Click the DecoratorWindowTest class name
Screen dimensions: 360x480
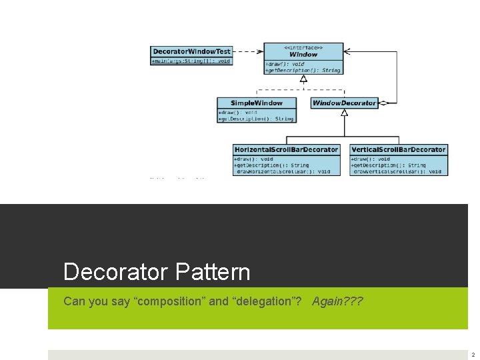191,51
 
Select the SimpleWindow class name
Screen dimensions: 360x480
257,103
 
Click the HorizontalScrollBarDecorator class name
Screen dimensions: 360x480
286,149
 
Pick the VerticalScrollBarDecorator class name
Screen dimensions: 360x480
399,149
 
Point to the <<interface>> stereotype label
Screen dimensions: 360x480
303,47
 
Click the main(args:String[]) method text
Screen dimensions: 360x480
191,61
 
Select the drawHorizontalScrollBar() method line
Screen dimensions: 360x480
283,171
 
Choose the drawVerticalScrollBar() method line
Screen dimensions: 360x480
397,171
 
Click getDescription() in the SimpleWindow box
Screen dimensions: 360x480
257,119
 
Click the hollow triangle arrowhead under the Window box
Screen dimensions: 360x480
303,79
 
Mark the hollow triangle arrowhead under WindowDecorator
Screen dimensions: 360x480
344,113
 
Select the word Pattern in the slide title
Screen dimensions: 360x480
214,272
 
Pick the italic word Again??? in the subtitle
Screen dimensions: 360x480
337,301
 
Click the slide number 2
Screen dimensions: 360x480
473,355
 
